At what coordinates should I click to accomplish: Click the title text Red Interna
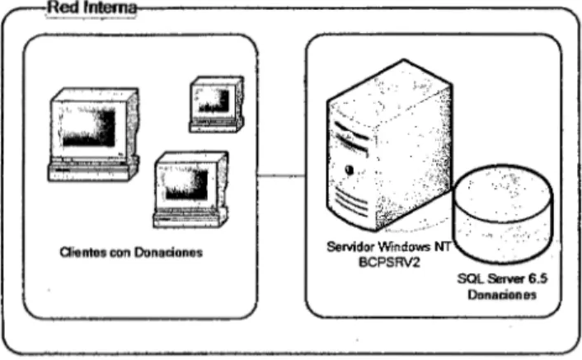(92, 7)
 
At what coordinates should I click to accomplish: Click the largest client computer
(93, 134)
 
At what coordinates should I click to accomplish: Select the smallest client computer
(217, 104)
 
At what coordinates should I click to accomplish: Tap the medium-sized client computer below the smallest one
(190, 189)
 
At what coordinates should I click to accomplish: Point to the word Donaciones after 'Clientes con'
(168, 252)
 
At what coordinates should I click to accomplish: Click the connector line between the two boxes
(281, 175)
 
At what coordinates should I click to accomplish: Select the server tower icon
(389, 145)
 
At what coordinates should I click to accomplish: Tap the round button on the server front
(349, 170)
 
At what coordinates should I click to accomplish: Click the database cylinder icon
(504, 214)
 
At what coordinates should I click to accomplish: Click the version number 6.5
(537, 278)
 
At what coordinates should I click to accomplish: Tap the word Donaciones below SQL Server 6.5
(502, 295)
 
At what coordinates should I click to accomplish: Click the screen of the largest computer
(87, 127)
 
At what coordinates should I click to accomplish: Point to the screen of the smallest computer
(214, 101)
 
